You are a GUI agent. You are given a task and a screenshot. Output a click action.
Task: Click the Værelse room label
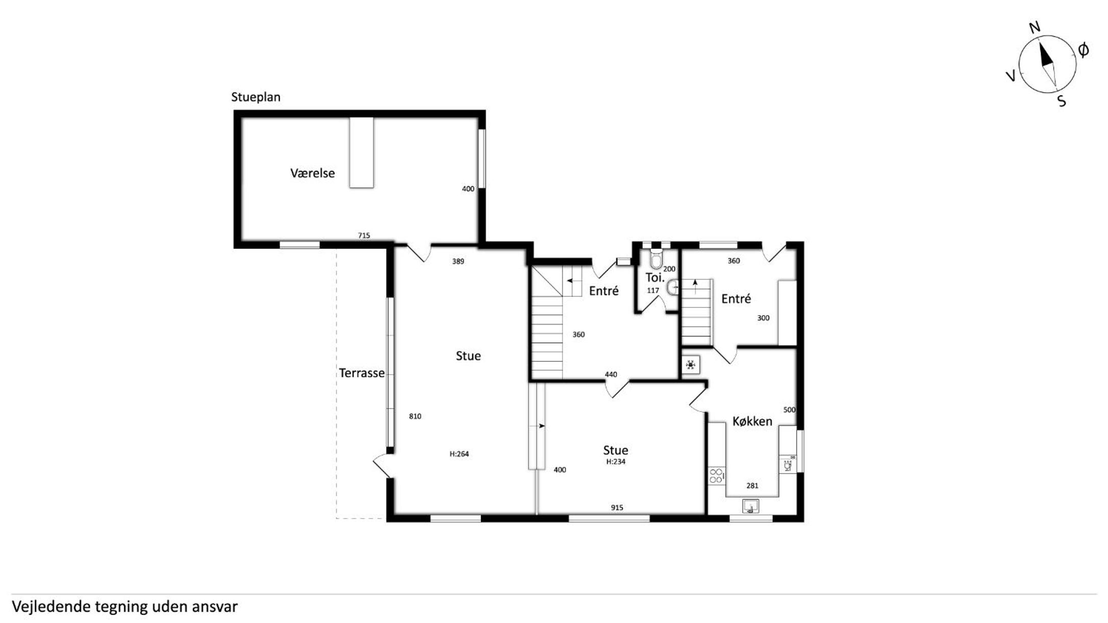pyautogui.click(x=312, y=173)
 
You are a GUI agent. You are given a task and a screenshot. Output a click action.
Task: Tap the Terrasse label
pyautogui.click(x=362, y=373)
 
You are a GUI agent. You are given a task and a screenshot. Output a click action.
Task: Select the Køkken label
pyautogui.click(x=752, y=421)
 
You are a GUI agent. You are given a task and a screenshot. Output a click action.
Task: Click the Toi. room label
pyautogui.click(x=655, y=277)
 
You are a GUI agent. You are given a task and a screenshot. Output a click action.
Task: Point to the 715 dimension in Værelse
pyautogui.click(x=364, y=236)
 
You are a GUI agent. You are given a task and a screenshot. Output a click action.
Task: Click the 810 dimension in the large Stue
pyautogui.click(x=415, y=416)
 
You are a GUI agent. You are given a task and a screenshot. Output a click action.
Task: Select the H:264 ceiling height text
pyautogui.click(x=459, y=454)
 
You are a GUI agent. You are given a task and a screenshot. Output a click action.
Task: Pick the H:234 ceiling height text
pyautogui.click(x=616, y=461)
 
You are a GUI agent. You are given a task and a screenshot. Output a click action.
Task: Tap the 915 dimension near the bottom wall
pyautogui.click(x=617, y=507)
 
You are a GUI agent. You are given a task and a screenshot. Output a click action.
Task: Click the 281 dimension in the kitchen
pyautogui.click(x=752, y=485)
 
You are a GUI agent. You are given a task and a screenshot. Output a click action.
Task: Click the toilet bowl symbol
pyautogui.click(x=656, y=260)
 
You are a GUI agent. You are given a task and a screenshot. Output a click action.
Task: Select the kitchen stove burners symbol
pyautogui.click(x=716, y=476)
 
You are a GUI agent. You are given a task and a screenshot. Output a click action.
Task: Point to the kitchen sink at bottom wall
pyautogui.click(x=750, y=506)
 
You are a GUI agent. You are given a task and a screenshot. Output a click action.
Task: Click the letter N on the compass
pyautogui.click(x=1035, y=28)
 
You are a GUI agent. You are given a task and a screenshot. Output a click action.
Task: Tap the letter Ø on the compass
pyautogui.click(x=1083, y=50)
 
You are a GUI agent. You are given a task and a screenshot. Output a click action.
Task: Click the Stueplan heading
pyautogui.click(x=256, y=97)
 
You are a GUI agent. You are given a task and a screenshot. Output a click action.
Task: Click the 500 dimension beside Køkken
pyautogui.click(x=789, y=409)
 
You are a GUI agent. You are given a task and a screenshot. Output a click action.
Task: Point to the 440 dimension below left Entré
pyautogui.click(x=611, y=374)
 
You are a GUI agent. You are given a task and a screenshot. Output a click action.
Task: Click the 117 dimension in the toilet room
pyautogui.click(x=653, y=291)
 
